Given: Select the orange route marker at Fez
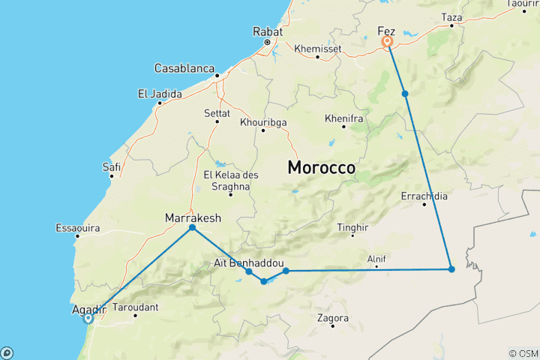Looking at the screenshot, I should [388, 42].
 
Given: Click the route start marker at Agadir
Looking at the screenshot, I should [88, 318].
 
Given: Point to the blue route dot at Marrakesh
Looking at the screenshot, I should [193, 227].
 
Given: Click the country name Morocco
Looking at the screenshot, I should [322, 168].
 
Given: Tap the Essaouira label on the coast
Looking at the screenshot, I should [77, 227].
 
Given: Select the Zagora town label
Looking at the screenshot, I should [333, 318].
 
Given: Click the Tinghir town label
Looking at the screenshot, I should [353, 227].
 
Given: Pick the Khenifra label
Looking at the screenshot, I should [344, 118].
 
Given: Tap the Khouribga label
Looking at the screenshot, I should [263, 122].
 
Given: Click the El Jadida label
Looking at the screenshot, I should [158, 94].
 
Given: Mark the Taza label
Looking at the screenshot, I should [452, 16].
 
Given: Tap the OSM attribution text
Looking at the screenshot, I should [523, 353].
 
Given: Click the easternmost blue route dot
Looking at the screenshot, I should [451, 269].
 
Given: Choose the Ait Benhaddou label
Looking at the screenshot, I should [248, 263].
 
